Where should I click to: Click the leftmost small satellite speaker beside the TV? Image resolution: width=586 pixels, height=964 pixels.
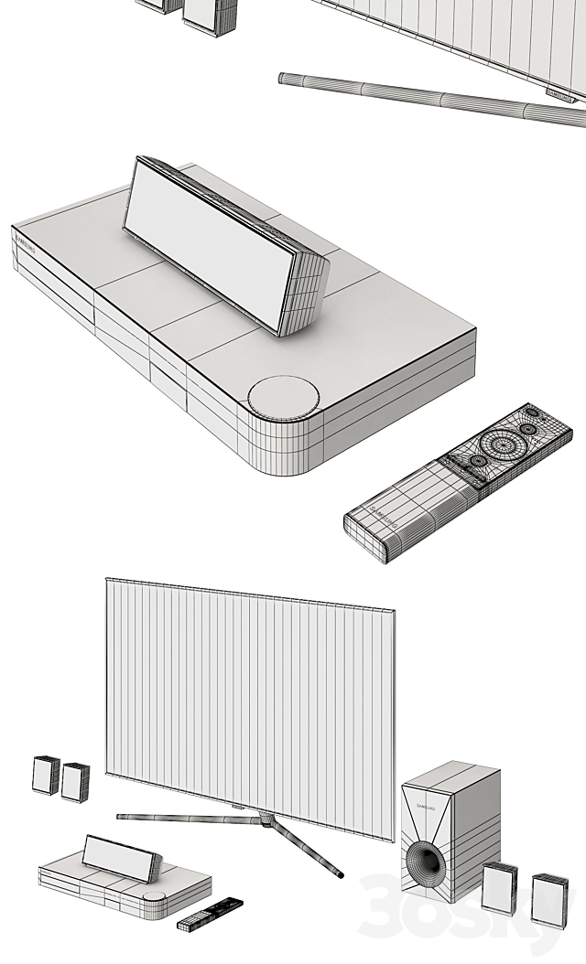(x=46, y=775)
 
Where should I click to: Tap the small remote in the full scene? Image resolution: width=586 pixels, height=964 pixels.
(x=210, y=913)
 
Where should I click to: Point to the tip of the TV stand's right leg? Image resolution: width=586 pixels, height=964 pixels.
(x=341, y=875)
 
